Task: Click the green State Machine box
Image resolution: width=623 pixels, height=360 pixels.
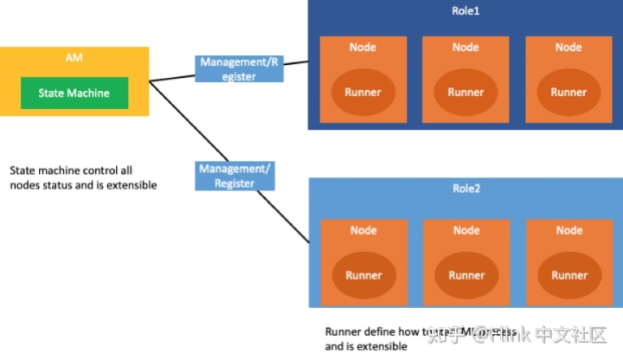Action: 74,93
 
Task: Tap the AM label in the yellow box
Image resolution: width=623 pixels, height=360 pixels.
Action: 74,58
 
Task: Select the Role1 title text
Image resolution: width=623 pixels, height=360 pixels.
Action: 466,11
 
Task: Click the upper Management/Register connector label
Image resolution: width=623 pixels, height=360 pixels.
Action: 240,69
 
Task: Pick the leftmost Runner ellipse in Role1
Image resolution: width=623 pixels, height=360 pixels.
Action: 363,92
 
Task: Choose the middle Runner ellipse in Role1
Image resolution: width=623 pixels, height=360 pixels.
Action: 466,92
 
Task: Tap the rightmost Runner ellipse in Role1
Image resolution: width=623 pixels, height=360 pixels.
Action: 568,92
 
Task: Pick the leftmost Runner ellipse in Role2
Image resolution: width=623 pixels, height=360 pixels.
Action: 363,275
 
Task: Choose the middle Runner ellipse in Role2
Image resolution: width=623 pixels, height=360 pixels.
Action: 466,275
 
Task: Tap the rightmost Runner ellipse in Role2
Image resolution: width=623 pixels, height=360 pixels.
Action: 568,275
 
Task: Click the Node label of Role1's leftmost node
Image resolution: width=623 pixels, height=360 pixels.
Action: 363,47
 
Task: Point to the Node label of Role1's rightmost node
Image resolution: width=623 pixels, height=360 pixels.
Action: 568,47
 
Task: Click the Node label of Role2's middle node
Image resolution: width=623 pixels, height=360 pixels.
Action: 466,230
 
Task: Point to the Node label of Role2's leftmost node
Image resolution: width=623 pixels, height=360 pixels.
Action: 363,230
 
